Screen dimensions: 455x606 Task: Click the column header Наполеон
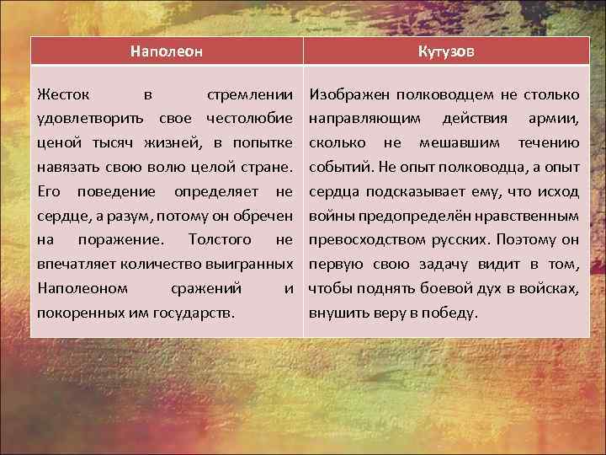(x=167, y=51)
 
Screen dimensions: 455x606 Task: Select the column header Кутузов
(x=446, y=51)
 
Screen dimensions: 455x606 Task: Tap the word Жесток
(x=61, y=92)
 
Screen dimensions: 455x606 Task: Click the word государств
(x=196, y=313)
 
